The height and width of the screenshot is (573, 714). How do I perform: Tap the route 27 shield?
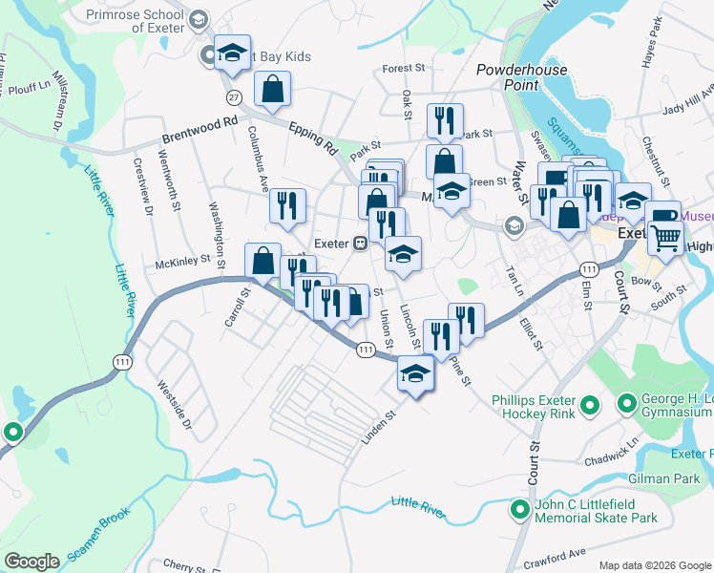[x=233, y=97]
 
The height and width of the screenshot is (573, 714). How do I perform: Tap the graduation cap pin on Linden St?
[x=415, y=373]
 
